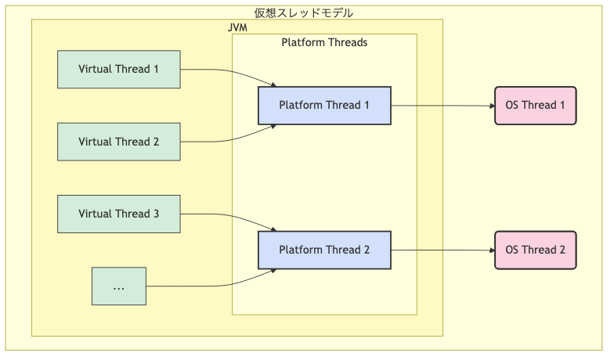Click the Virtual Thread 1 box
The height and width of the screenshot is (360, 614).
tap(118, 69)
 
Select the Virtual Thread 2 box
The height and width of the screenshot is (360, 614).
tap(118, 142)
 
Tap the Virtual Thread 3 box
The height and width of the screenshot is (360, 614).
tap(118, 214)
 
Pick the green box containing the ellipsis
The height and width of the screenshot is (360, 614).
tap(118, 286)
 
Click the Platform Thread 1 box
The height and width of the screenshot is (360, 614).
tap(324, 105)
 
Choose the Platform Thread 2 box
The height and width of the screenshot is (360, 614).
tap(324, 250)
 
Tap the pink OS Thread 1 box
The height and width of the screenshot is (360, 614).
tap(535, 105)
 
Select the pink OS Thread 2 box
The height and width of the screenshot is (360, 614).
tap(535, 250)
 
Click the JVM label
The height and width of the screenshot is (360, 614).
tap(237, 27)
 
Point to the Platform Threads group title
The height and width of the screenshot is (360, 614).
tap(324, 42)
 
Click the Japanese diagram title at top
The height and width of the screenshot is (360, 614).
tap(304, 13)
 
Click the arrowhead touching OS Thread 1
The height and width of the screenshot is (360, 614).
tap(490, 105)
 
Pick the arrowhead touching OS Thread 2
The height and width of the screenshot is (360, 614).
tap(490, 250)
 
